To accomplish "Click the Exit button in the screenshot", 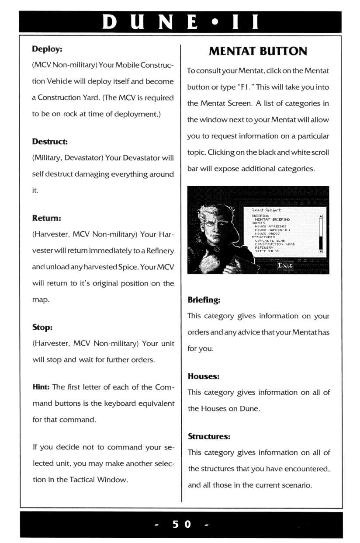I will point(285,265).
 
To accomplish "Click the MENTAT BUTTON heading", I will point(258,52).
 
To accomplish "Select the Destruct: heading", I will point(50,142).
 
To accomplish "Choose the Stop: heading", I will point(42,327).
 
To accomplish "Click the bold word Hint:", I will point(41,387).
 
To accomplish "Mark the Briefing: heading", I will point(204,300).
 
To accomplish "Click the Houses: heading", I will point(203,376).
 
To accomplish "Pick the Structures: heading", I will point(209,436).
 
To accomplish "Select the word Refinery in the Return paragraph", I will point(160,251).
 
